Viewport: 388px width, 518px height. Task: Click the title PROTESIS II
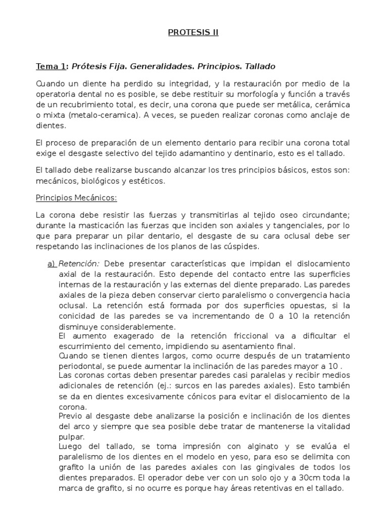coord(193,33)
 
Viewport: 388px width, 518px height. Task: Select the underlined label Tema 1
coord(51,66)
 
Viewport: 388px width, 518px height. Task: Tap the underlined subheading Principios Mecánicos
coord(76,198)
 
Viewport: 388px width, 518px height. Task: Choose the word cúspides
coord(239,247)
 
